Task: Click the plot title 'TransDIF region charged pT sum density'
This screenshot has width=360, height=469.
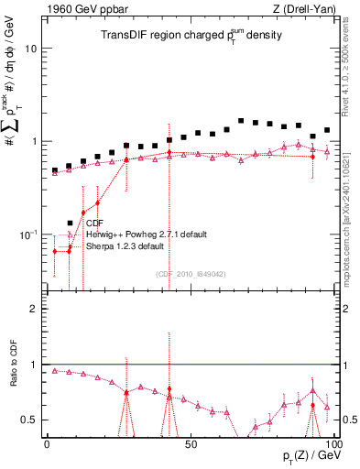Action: pos(191,37)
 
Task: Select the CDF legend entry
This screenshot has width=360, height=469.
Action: pos(94,223)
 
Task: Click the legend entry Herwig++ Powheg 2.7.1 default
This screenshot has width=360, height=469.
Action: pos(145,234)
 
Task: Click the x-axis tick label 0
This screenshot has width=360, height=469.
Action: pos(47,444)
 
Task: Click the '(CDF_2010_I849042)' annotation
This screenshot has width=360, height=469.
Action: pos(191,274)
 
